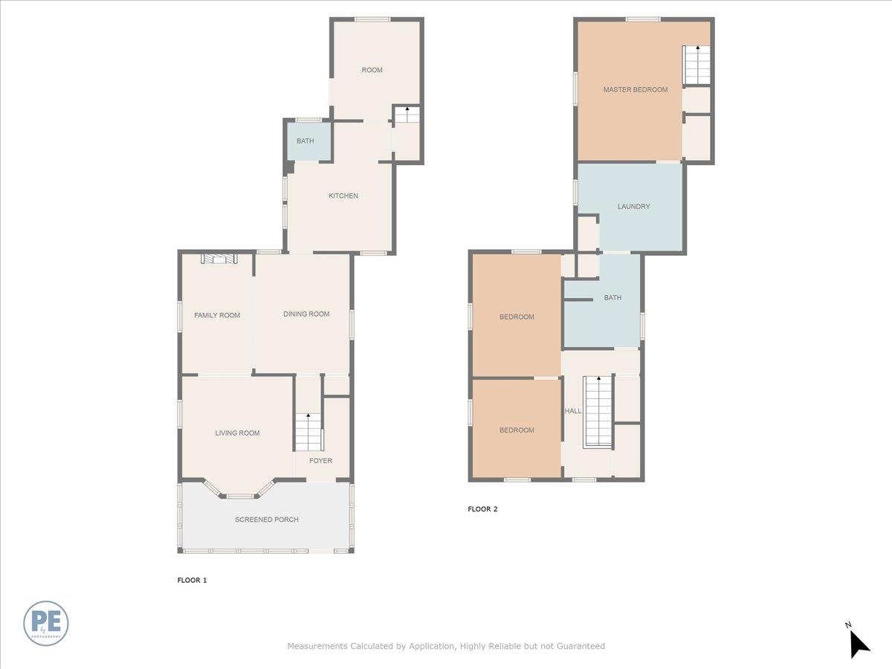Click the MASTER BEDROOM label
pyautogui.click(x=635, y=90)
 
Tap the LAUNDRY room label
pyautogui.click(x=633, y=207)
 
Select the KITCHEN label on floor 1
pyautogui.click(x=343, y=196)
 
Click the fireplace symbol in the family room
pyautogui.click(x=219, y=259)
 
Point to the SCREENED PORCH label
pyautogui.click(x=267, y=520)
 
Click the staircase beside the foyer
pyautogui.click(x=308, y=432)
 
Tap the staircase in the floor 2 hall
pyautogui.click(x=597, y=411)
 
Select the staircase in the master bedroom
pyautogui.click(x=697, y=64)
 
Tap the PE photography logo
pyautogui.click(x=46, y=623)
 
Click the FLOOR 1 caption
pyautogui.click(x=192, y=580)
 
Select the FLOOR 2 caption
pyautogui.click(x=482, y=509)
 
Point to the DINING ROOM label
pyautogui.click(x=306, y=314)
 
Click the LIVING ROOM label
pyautogui.click(x=237, y=433)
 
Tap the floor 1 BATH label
pyautogui.click(x=306, y=141)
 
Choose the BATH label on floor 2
pyautogui.click(x=613, y=298)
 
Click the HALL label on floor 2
pyautogui.click(x=572, y=411)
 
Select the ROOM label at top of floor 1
pyautogui.click(x=372, y=71)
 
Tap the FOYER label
pyautogui.click(x=321, y=461)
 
